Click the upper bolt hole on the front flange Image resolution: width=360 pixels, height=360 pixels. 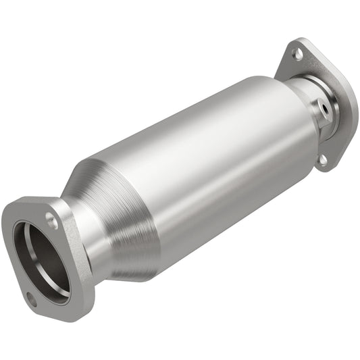51,217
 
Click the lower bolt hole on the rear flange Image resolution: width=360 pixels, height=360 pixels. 323,160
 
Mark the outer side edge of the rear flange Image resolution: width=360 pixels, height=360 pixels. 352,108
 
